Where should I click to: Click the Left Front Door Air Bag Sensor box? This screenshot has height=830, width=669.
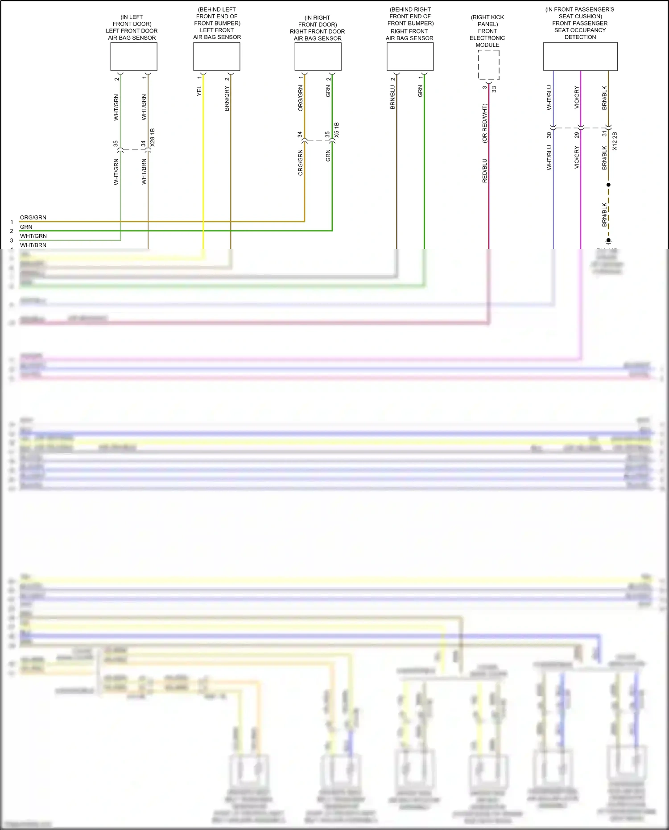134,57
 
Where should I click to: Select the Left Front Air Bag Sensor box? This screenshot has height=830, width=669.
217,57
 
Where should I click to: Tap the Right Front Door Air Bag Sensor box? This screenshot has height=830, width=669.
318,57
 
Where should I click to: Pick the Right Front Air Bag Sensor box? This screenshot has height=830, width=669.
410,57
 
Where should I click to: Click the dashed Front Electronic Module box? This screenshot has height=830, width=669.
488,65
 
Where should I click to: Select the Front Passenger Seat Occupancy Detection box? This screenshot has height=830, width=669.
580,57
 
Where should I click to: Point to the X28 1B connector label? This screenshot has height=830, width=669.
153,138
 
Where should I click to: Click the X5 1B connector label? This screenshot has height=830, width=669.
337,130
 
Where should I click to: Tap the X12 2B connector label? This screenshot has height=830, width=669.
615,141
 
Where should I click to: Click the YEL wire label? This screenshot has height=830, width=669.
199,91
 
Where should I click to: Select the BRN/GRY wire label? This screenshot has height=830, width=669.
227,99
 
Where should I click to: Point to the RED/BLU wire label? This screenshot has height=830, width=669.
485,171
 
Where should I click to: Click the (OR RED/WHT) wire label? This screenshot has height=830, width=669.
485,124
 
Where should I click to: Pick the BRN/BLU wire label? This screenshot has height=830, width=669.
393,97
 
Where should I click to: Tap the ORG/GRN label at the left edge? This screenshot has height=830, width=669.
33,218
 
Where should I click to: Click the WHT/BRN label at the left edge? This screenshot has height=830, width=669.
33,245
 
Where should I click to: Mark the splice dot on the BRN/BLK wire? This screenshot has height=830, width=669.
608,185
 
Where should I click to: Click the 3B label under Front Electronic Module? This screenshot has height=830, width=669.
494,89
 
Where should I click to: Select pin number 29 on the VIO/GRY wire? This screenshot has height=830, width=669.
577,135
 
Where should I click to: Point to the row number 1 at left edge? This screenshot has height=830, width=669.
12,222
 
